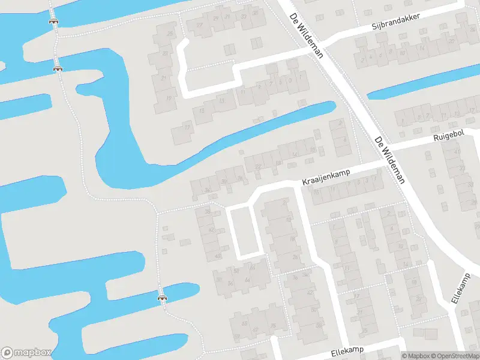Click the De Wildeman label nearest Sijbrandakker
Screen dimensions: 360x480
coord(306,36)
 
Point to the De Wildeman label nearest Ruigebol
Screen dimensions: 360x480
coord(389,160)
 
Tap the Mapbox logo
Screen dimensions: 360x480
coord(26,352)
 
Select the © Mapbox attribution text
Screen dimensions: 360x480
coord(414,356)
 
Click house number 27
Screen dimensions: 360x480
coord(200,25)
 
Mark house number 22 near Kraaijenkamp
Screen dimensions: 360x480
coord(259,166)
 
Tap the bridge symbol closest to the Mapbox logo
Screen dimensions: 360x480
coord(161,296)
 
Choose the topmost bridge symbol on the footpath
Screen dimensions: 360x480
coord(53,20)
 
